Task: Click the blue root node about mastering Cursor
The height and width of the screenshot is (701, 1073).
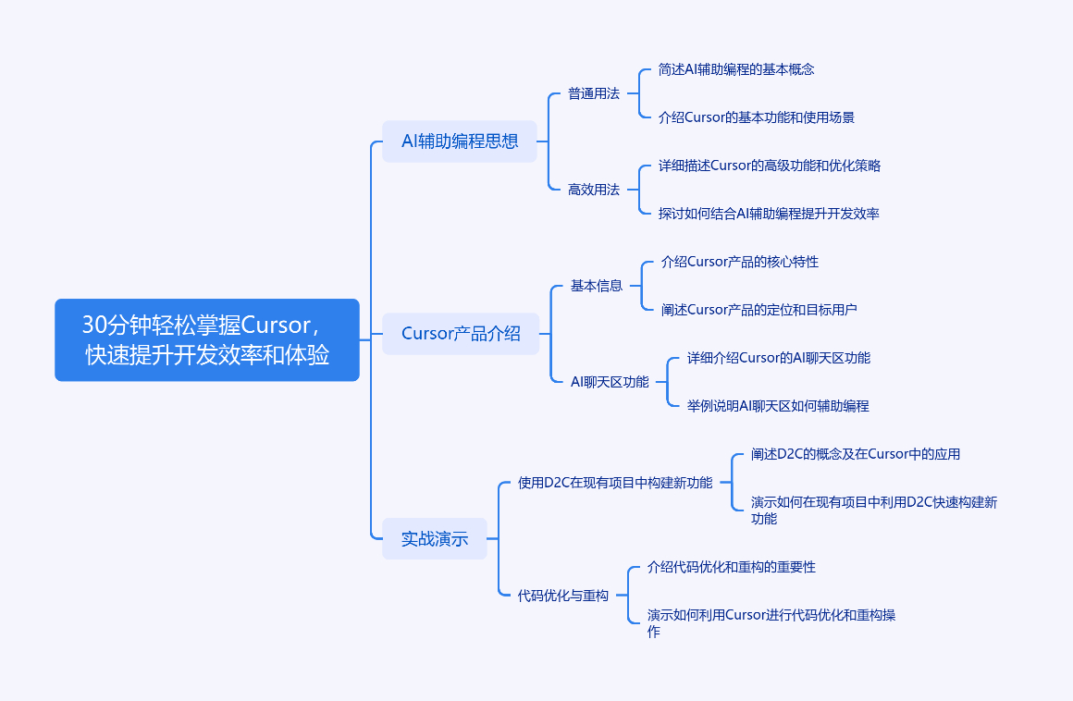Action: point(206,340)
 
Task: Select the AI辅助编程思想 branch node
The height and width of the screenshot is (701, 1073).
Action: point(459,141)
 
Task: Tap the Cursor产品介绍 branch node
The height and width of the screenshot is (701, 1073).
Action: point(461,334)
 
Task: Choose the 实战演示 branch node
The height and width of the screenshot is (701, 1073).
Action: point(435,539)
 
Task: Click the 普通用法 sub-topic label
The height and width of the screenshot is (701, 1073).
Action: point(594,93)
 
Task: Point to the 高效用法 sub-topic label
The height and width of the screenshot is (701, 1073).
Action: point(594,190)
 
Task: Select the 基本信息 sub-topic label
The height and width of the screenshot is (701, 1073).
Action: point(597,286)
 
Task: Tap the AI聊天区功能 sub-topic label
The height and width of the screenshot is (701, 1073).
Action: point(610,382)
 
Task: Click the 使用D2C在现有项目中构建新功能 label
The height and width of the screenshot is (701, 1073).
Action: point(615,483)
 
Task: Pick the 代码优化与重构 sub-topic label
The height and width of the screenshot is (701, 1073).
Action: point(563,596)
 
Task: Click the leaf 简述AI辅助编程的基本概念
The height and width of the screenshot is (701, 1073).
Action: point(736,69)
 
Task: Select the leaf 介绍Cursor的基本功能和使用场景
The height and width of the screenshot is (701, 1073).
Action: point(756,117)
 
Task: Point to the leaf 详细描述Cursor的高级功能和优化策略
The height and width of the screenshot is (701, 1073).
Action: point(770,166)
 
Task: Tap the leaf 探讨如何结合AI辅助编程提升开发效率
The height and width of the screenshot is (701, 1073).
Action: point(769,214)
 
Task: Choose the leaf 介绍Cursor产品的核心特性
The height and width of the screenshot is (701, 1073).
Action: point(740,262)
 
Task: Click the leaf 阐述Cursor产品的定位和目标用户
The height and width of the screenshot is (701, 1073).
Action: point(758,310)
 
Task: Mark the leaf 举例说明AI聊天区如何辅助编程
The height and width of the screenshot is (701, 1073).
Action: point(778,406)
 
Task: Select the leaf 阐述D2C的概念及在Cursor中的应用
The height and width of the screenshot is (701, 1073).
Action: point(856,454)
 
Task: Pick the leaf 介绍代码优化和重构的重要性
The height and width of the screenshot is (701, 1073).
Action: point(732,567)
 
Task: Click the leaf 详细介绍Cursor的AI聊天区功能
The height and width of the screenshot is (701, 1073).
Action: point(779,358)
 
